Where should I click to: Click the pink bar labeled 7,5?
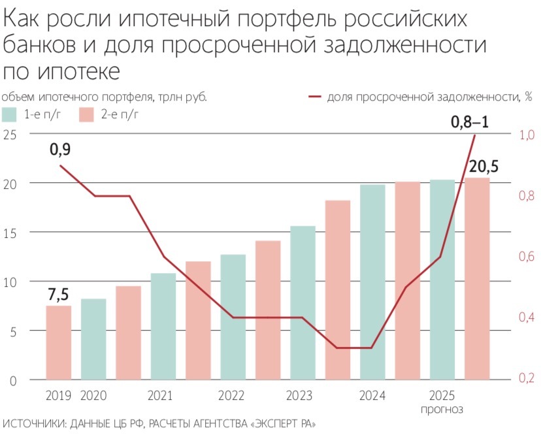tap(59, 342)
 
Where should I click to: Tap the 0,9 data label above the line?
tap(60, 150)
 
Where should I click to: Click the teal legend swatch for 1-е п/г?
tap(12, 115)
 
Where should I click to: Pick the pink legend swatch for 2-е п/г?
tap(88, 115)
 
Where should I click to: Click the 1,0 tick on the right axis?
tap(527, 135)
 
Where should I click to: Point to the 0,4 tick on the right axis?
tap(527, 317)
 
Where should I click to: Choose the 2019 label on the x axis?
tap(59, 396)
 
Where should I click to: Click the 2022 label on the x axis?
tap(231, 396)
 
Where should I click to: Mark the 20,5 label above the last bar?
tap(484, 167)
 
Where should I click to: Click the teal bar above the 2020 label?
tap(93, 339)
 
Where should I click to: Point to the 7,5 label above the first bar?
tap(59, 295)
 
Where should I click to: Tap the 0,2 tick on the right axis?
tap(527, 379)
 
